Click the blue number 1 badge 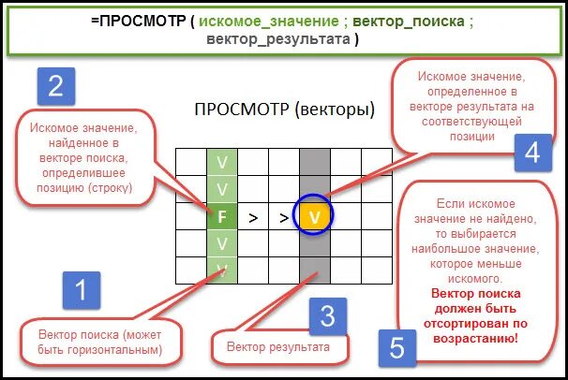click(x=82, y=291)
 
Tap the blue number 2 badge click(x=55, y=87)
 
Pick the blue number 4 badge click(x=531, y=153)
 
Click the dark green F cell click(x=222, y=217)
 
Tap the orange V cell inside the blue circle click(x=315, y=217)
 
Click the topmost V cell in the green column click(x=222, y=161)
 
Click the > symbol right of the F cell click(x=253, y=217)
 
